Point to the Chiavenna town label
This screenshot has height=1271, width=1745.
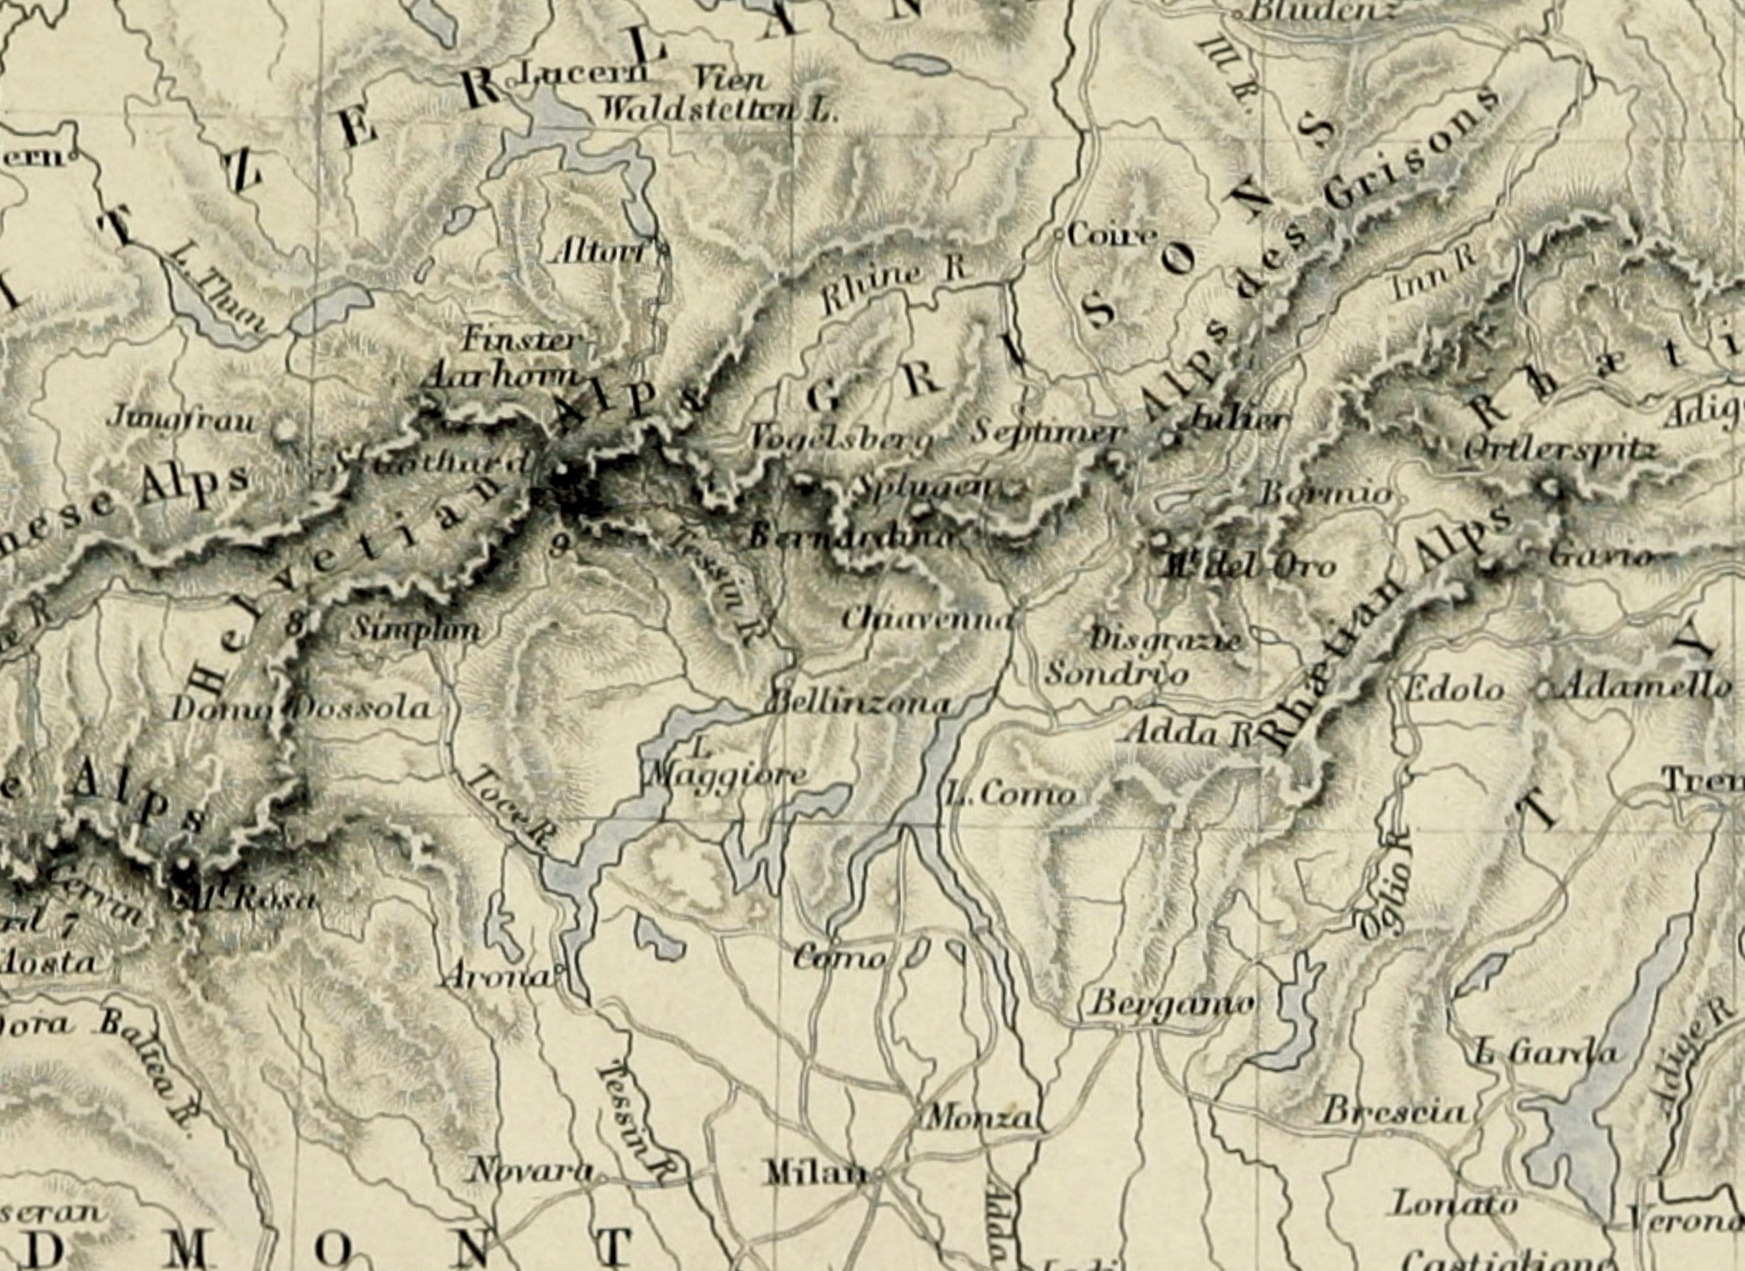pos(925,618)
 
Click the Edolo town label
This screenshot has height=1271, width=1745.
pos(1454,688)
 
